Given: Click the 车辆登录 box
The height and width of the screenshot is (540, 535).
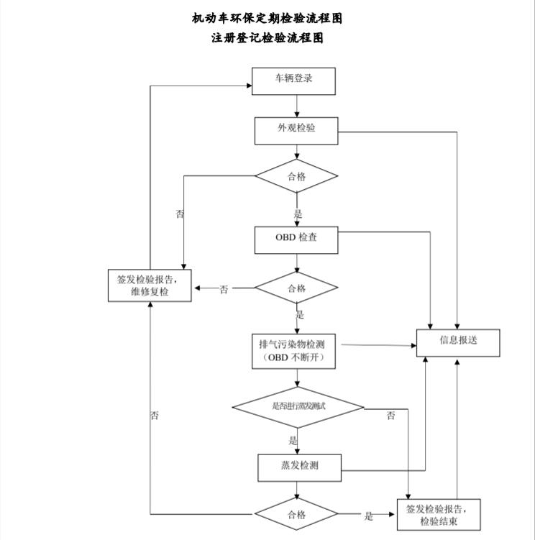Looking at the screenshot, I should [x=294, y=81].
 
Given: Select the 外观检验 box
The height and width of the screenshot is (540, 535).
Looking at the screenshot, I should [x=297, y=130].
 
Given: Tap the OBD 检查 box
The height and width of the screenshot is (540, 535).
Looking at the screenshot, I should [x=296, y=240].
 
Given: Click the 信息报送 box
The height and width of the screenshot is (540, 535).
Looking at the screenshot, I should [x=458, y=342].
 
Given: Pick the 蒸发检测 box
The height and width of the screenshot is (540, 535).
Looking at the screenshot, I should [x=298, y=467].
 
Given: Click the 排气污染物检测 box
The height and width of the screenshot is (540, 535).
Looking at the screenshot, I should [x=296, y=352].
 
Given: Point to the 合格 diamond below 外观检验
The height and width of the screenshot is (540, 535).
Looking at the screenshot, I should [x=297, y=176].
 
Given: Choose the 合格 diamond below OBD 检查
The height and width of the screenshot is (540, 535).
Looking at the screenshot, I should [x=297, y=288].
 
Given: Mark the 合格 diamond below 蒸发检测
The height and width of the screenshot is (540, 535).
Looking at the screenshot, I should [x=297, y=515].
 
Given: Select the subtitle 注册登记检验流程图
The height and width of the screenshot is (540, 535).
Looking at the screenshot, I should [x=267, y=38].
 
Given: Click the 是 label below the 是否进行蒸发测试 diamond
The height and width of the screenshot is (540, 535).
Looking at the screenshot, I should [x=293, y=440].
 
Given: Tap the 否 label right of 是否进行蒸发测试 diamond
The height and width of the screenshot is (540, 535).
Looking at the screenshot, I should [x=391, y=416].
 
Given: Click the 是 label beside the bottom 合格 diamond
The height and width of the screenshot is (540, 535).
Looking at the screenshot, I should [x=369, y=516].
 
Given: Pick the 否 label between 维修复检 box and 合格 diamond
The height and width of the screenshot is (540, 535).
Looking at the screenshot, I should [x=224, y=289].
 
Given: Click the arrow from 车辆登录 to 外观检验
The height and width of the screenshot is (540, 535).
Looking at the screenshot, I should [x=297, y=105].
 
